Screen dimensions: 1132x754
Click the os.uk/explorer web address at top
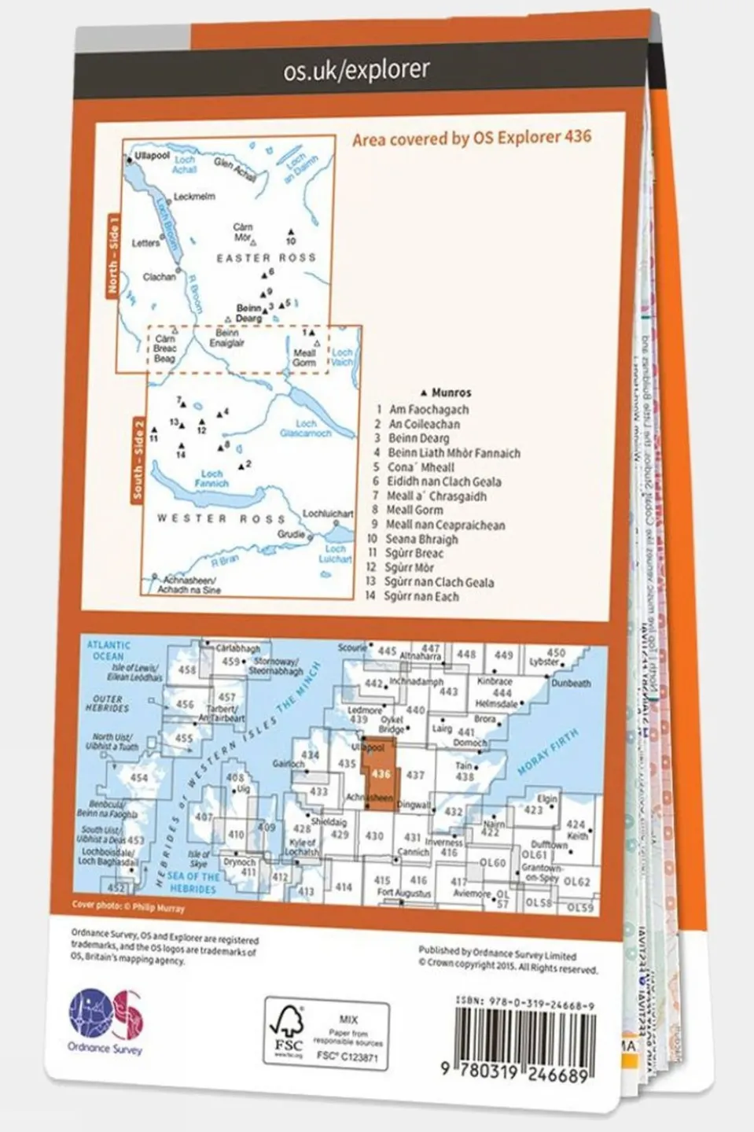356,70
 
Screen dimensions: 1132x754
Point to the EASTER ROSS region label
266,257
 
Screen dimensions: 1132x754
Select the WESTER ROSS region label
220,518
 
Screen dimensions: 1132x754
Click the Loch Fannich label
212,478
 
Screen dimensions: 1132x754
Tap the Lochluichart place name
329,513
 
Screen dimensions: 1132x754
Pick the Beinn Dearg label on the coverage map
248,313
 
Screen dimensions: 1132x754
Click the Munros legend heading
451,393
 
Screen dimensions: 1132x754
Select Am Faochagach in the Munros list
428,409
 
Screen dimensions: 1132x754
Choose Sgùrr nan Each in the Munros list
421,596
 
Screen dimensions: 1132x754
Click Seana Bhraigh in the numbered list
421,539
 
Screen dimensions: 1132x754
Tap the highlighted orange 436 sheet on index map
381,774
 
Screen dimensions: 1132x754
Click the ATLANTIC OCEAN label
109,650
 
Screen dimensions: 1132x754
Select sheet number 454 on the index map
138,778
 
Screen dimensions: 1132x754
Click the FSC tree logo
286,1028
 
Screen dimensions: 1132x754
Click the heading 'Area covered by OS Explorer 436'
471,138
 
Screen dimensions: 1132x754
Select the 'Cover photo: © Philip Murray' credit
128,906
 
